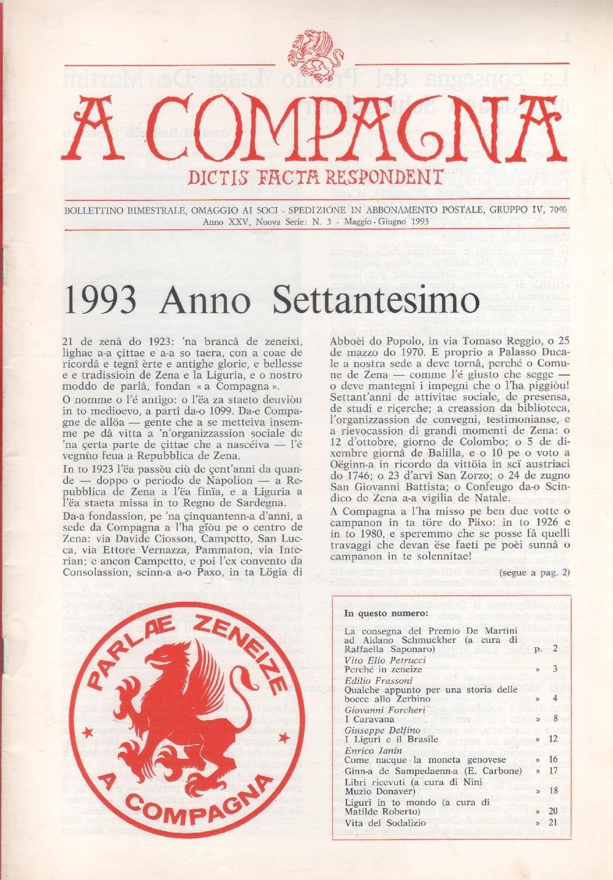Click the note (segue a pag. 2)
pyautogui.click(x=535, y=573)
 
